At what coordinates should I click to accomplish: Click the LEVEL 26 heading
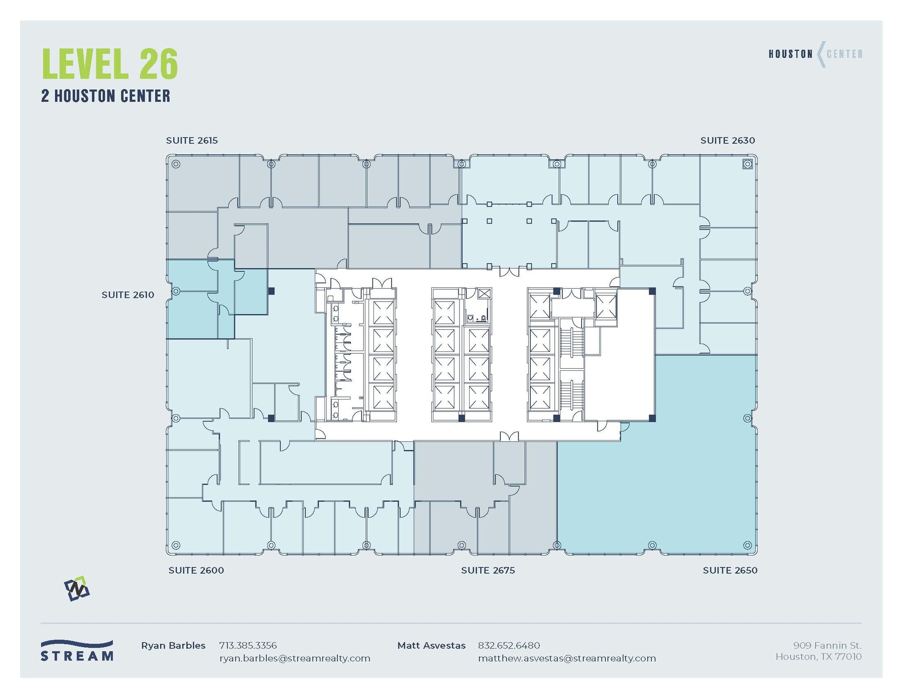tap(110, 64)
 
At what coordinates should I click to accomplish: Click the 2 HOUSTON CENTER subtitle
tap(105, 96)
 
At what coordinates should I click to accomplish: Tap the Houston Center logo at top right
tap(815, 54)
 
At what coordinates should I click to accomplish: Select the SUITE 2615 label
tap(192, 141)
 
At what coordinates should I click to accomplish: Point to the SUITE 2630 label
tap(728, 141)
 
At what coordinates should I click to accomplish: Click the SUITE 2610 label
tap(128, 295)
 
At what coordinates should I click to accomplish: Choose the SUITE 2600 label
tap(196, 571)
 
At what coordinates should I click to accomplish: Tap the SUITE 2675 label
tap(488, 571)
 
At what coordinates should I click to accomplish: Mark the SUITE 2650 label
tap(730, 571)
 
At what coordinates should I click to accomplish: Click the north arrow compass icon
tap(77, 589)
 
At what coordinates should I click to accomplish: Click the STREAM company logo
tap(77, 651)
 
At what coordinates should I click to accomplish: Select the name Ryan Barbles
tap(173, 646)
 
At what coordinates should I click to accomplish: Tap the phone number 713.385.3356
tap(248, 646)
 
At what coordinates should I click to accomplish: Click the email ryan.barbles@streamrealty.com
tap(295, 659)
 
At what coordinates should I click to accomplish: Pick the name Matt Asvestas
tap(431, 646)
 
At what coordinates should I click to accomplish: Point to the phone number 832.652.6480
tap(509, 646)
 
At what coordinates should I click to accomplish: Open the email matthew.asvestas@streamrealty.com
tap(567, 659)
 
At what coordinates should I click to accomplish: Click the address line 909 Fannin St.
tap(827, 646)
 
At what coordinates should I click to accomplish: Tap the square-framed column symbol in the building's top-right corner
tap(747, 164)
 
